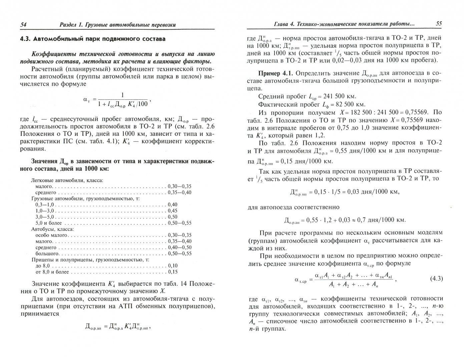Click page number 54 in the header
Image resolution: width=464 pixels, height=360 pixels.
(23, 24)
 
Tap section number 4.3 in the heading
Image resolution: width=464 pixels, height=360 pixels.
(26, 39)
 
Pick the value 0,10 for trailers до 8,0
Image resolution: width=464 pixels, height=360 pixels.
(173, 265)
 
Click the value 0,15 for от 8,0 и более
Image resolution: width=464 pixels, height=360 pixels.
(173, 272)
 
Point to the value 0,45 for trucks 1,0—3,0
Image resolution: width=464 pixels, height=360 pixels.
(173, 211)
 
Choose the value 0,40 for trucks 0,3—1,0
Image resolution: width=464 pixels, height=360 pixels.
(173, 204)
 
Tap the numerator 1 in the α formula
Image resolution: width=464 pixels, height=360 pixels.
(122, 95)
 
